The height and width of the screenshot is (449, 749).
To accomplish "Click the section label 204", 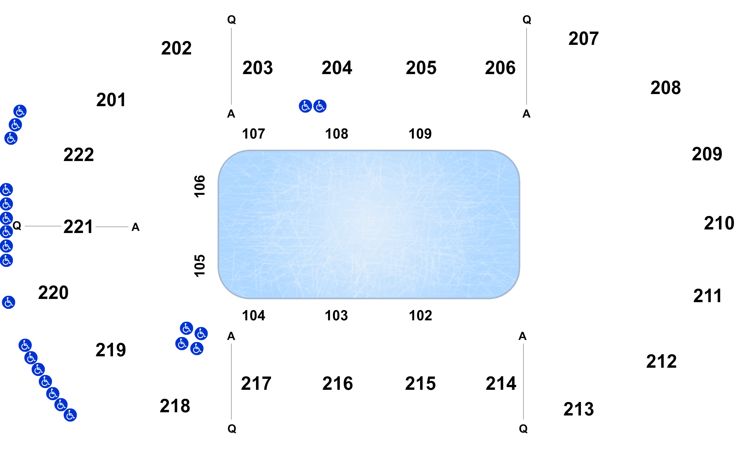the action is [x=337, y=68].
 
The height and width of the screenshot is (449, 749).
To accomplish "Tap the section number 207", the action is [x=584, y=38].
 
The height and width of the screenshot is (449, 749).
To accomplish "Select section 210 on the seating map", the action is [x=719, y=223].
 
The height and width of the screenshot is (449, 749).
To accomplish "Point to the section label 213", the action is [x=579, y=409].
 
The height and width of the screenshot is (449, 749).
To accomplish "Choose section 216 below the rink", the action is [x=337, y=383].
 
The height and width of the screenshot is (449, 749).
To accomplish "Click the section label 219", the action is [x=111, y=350].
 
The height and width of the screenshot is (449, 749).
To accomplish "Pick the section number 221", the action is [x=78, y=227].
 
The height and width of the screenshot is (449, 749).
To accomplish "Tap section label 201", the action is [x=111, y=100].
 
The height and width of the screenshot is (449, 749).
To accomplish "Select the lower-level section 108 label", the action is [x=336, y=134].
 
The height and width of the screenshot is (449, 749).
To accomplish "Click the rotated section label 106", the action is [x=200, y=186].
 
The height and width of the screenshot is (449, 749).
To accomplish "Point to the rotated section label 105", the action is [x=200, y=265].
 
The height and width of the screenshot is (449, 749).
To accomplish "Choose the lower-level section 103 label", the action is [x=336, y=316].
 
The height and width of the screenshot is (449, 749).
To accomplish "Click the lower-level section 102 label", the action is [x=421, y=316].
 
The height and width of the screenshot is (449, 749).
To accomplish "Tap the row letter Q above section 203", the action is [x=231, y=20].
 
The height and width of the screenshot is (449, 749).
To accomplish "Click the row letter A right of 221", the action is [x=136, y=227].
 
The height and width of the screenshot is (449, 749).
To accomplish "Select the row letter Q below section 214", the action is [x=523, y=429].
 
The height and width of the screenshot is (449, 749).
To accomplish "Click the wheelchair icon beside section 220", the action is [x=9, y=302].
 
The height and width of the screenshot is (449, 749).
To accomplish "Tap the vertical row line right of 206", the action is [x=526, y=66].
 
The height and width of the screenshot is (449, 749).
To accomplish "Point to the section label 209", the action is [x=707, y=154].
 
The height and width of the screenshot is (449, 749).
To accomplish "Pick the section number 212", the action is [x=661, y=361].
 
